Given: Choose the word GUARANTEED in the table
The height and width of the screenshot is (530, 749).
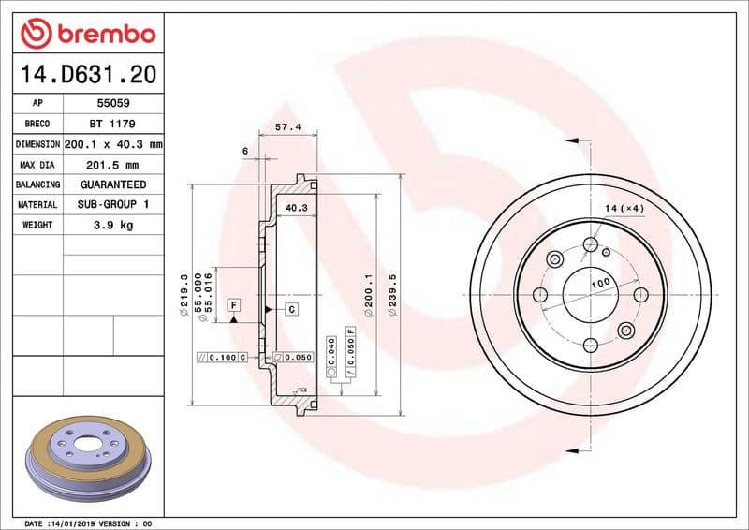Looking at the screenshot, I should point(112,184).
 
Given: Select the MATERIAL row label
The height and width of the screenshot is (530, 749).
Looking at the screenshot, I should point(37,204).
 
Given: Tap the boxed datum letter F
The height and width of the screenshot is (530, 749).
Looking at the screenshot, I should point(233,305).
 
